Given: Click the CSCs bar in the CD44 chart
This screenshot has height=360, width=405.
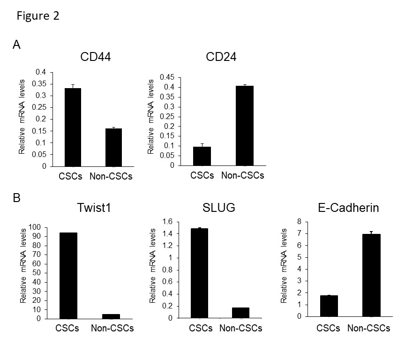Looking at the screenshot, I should (x=73, y=127).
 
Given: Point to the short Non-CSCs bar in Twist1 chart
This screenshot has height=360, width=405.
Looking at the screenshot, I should (x=111, y=316).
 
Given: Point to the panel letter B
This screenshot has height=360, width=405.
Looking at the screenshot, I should (x=16, y=198).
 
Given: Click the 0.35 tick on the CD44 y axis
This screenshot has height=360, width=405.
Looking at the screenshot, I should (x=41, y=84).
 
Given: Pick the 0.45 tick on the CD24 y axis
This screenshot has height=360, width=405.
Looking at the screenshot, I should (x=167, y=77).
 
